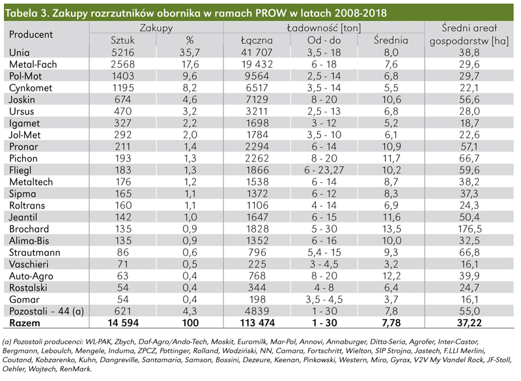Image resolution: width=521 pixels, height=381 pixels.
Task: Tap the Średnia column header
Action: coord(391,40)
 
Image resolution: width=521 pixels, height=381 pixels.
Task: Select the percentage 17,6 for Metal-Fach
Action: coord(191,64)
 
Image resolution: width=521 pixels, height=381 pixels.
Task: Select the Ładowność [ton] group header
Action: coord(324,28)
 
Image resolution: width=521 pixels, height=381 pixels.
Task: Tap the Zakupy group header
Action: coord(156,28)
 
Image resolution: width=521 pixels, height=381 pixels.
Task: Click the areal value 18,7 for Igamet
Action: coord(470,122)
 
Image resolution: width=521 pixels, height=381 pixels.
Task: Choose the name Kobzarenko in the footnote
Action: coord(68,359)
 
